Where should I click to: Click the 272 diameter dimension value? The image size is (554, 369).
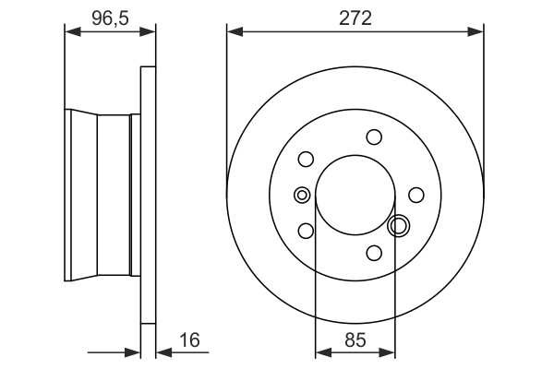pos(355,18)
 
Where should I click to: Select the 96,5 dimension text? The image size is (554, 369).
pos(110,16)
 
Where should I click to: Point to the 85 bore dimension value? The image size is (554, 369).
pos(355,339)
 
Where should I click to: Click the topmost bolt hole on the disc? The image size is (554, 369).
pos(374,137)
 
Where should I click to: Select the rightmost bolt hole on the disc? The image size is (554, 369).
pos(416,195)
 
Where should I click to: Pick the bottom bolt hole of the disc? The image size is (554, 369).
pos(374,253)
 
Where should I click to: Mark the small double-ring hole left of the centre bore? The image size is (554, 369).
pos(301,195)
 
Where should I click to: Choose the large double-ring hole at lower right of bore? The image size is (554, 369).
pos(400,225)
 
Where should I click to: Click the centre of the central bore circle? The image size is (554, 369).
pos(355,195)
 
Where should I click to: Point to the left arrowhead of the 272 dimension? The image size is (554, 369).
pos(234,31)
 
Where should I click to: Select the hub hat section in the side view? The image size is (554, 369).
pos(102,195)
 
